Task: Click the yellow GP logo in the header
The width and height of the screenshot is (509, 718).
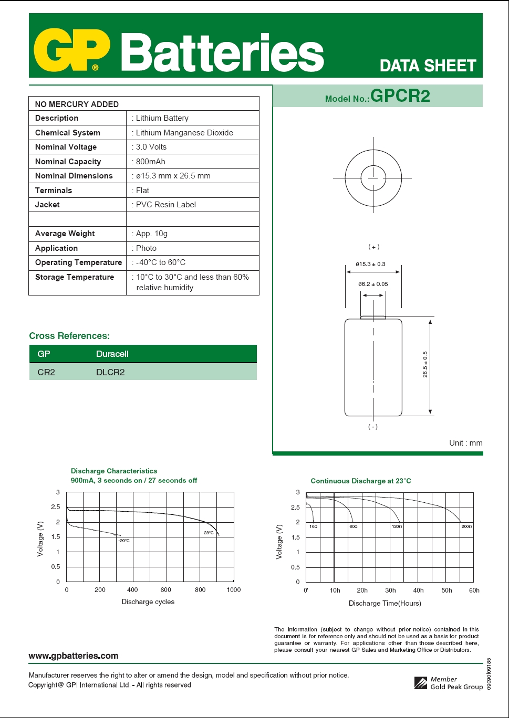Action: pyautogui.click(x=72, y=51)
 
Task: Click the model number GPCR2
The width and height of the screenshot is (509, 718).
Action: pyautogui.click(x=400, y=96)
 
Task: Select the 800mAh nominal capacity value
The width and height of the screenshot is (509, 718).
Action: pyautogui.click(x=151, y=162)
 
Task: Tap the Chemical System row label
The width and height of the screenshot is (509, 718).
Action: pyautogui.click(x=67, y=133)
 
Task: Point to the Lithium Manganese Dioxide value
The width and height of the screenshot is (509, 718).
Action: pyautogui.click(x=184, y=133)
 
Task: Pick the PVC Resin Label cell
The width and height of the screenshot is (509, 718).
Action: pyautogui.click(x=166, y=205)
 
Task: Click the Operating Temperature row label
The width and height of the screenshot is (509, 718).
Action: pyautogui.click(x=78, y=262)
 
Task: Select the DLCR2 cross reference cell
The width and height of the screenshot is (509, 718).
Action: pyautogui.click(x=110, y=372)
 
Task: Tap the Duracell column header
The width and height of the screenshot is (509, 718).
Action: pyautogui.click(x=112, y=354)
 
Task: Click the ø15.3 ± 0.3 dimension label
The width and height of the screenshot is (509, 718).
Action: pyautogui.click(x=370, y=264)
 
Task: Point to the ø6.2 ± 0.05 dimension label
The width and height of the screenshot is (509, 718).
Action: pyautogui.click(x=373, y=284)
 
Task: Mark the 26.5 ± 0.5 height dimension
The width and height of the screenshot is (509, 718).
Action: pyautogui.click(x=425, y=364)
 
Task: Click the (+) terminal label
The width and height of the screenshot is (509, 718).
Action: pyautogui.click(x=373, y=247)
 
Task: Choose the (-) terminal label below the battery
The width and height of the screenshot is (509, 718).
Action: pyautogui.click(x=372, y=427)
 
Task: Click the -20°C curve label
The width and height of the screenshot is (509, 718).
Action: pyautogui.click(x=123, y=541)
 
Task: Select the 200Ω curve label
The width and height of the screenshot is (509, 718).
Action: pyautogui.click(x=466, y=526)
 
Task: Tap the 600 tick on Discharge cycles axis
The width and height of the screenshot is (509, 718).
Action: pyautogui.click(x=166, y=590)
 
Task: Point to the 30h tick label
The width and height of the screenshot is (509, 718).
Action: pyautogui.click(x=390, y=590)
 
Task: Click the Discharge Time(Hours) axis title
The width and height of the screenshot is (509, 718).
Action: pyautogui.click(x=385, y=604)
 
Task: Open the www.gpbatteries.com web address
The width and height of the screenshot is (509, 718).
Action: pyautogui.click(x=73, y=656)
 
